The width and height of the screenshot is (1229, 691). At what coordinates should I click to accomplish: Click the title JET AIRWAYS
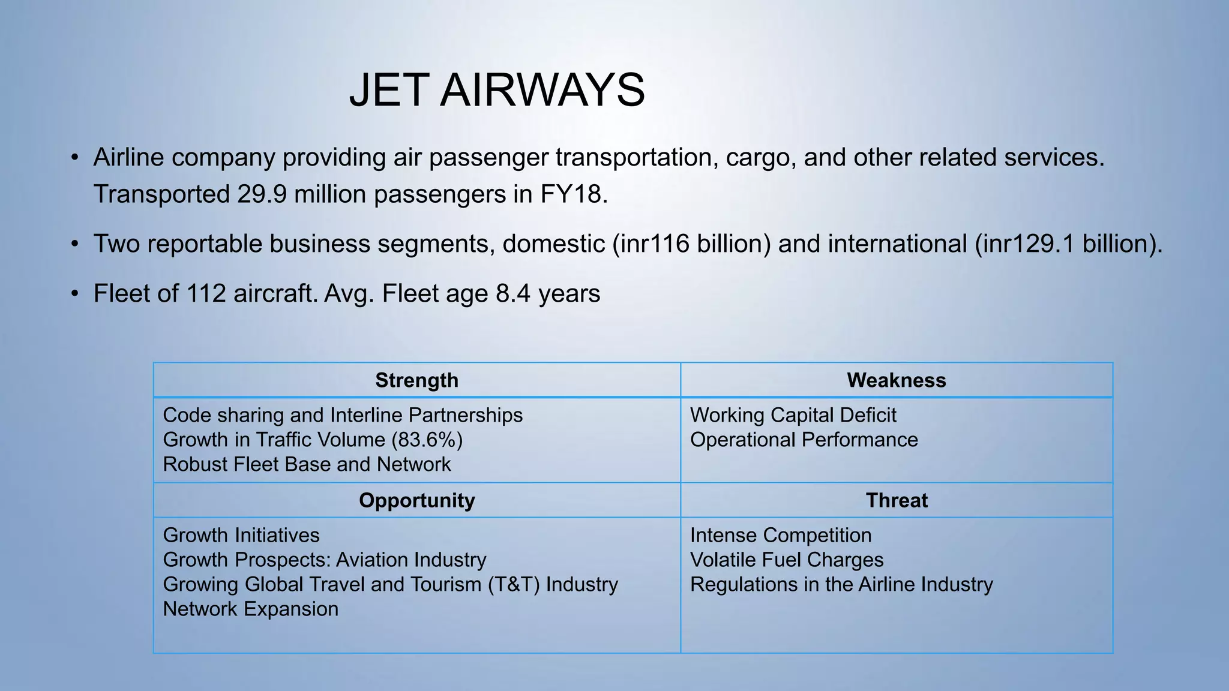pyautogui.click(x=497, y=90)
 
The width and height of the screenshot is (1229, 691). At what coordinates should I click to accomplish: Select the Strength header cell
pyautogui.click(x=416, y=380)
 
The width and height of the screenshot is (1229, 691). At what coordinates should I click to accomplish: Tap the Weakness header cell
pyautogui.click(x=896, y=380)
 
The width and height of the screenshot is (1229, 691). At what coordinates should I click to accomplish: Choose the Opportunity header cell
pyautogui.click(x=416, y=500)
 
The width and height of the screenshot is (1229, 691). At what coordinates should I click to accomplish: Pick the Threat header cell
pyautogui.click(x=897, y=500)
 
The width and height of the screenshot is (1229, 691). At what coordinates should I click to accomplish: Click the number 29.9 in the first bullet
pyautogui.click(x=262, y=194)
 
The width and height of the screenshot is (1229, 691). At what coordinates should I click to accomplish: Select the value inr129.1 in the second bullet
pyautogui.click(x=1029, y=244)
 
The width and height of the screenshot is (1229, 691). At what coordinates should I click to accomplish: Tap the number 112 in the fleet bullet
pyautogui.click(x=206, y=294)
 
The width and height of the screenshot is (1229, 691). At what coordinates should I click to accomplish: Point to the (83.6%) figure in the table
pyautogui.click(x=427, y=440)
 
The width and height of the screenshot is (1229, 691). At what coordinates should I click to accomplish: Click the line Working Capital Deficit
pyautogui.click(x=793, y=415)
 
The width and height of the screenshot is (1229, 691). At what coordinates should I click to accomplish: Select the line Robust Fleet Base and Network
pyautogui.click(x=307, y=464)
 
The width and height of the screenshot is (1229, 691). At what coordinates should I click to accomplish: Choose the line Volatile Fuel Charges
pyautogui.click(x=787, y=560)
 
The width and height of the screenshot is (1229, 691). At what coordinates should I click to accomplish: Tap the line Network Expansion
pyautogui.click(x=251, y=609)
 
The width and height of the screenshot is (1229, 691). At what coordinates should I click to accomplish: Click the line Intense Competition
pyautogui.click(x=781, y=535)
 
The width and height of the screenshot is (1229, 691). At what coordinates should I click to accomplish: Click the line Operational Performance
pyautogui.click(x=804, y=440)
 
